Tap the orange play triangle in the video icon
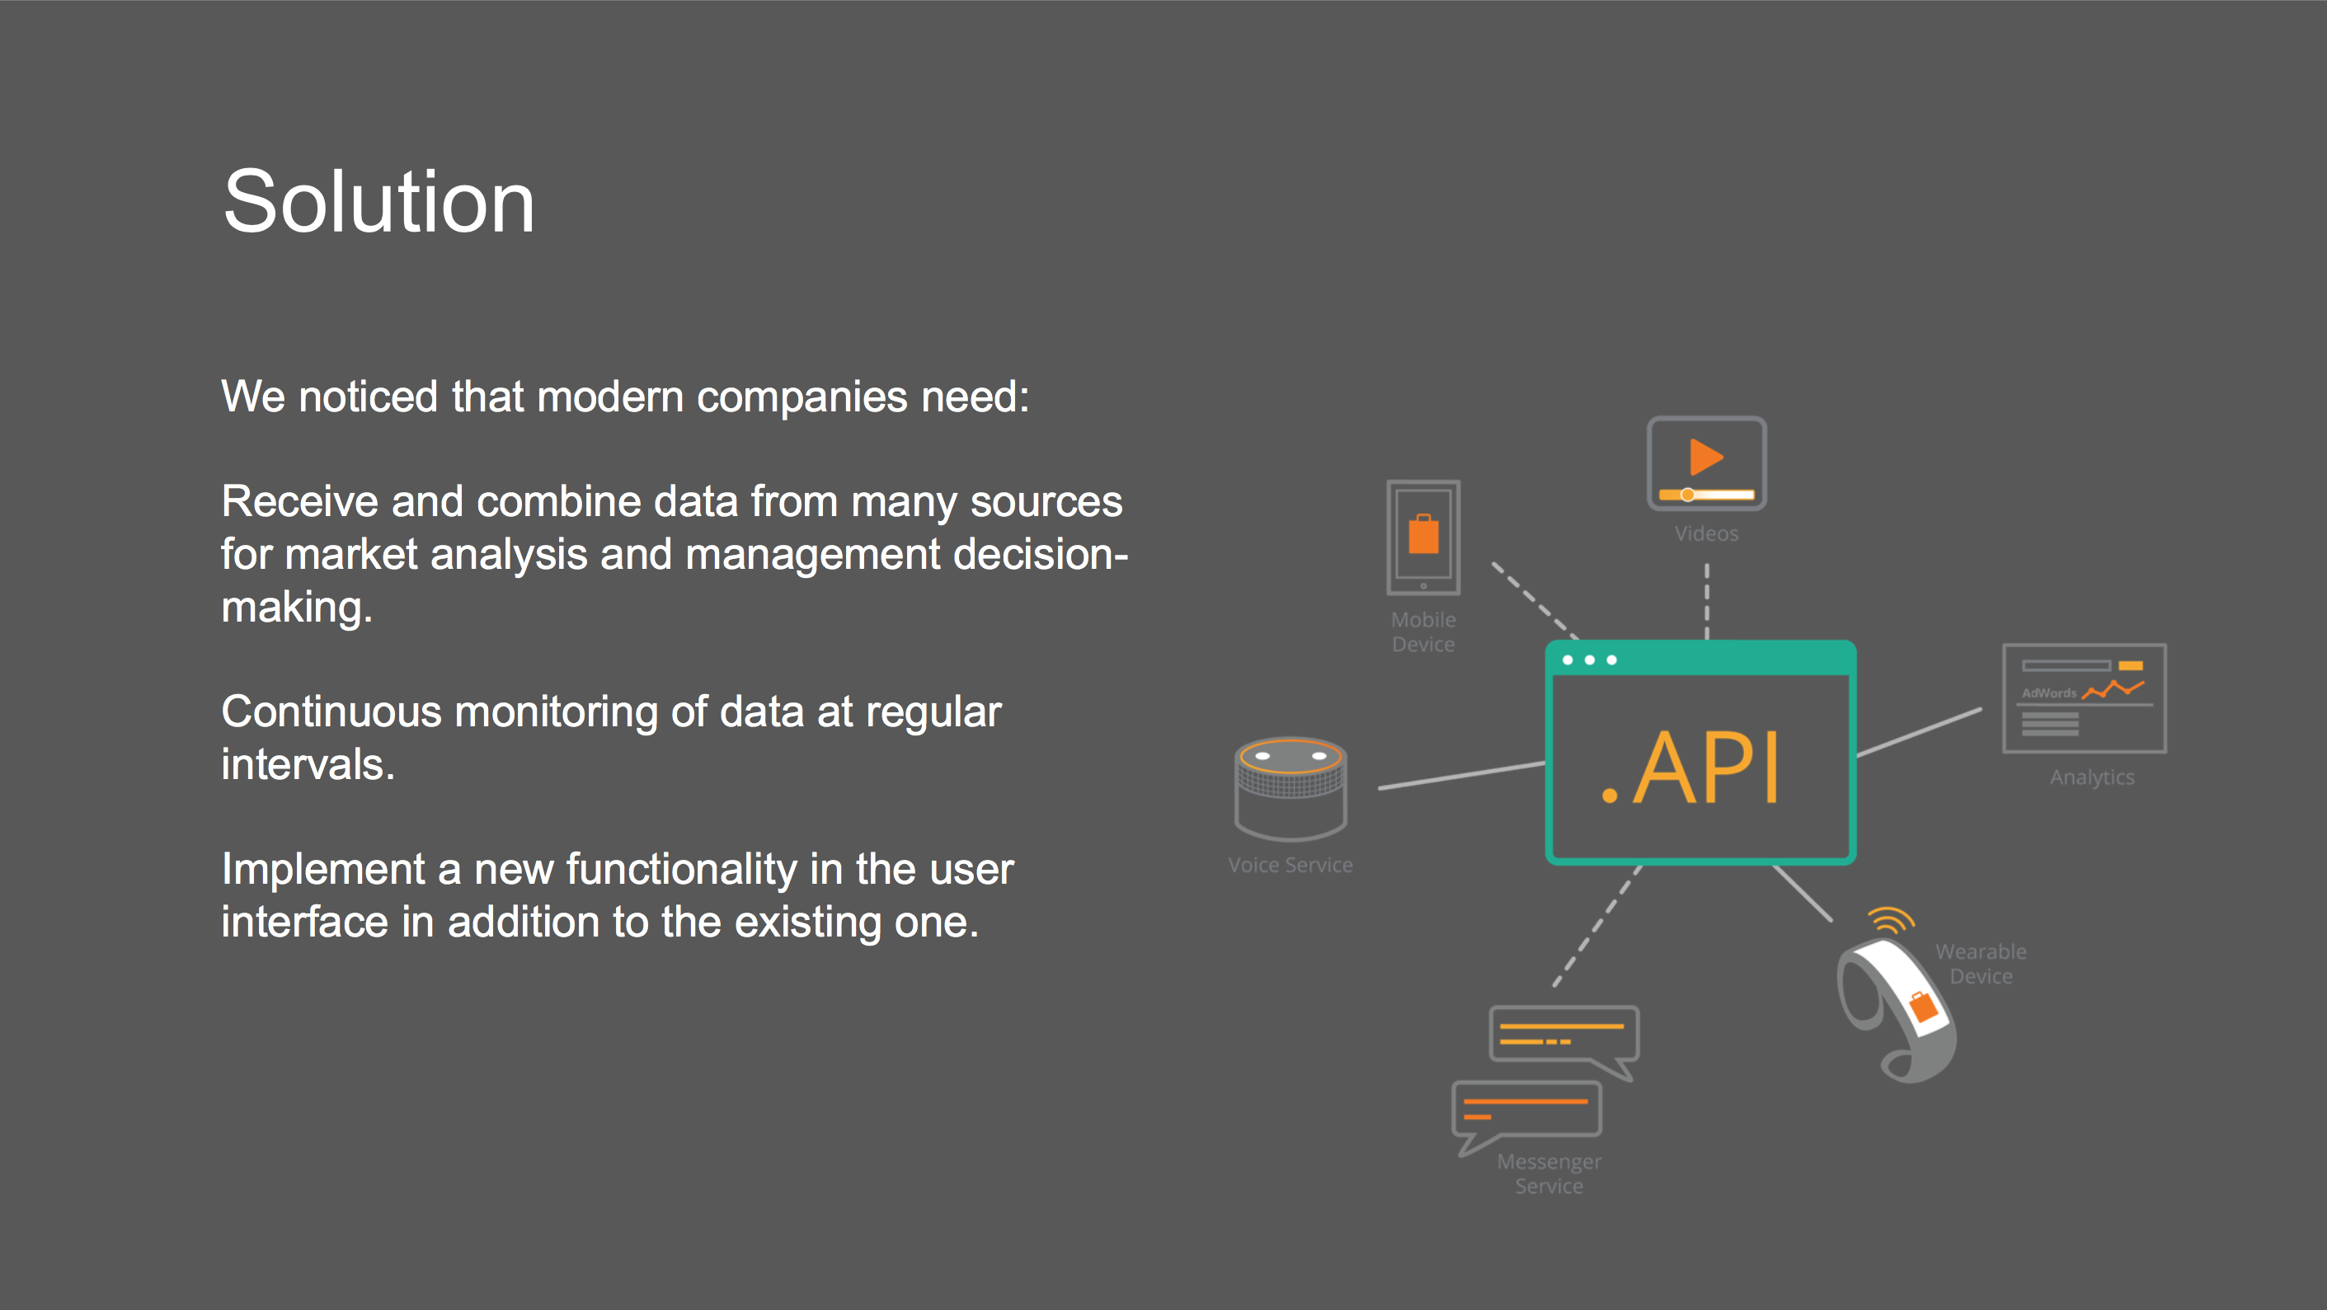point(1704,458)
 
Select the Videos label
point(1705,534)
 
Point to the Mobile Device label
point(1422,632)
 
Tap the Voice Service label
point(1290,865)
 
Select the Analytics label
point(2091,777)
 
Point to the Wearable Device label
point(1980,964)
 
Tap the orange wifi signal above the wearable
point(1890,920)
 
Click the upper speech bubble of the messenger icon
point(1563,1035)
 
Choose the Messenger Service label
point(1549,1174)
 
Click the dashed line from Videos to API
point(1705,601)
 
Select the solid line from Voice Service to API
point(1460,776)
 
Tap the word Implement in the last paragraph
point(322,869)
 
